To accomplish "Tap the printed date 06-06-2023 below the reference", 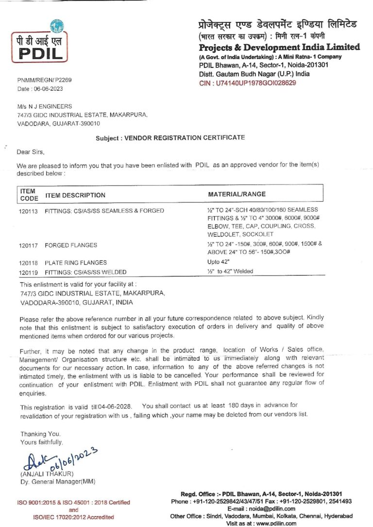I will point(48,89).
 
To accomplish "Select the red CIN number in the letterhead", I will point(248,83).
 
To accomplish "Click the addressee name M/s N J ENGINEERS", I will point(44,106).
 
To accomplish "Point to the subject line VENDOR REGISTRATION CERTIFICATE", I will point(170,138).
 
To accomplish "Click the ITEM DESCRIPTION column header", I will point(75,195).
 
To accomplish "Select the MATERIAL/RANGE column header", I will point(237,194).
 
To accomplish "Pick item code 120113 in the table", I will point(29,211).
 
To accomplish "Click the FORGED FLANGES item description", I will point(70,245).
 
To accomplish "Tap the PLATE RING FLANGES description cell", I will point(75,262).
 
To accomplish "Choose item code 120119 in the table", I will point(29,272).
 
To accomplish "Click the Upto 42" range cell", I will point(217,262).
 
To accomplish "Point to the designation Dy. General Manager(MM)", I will point(57,481).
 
